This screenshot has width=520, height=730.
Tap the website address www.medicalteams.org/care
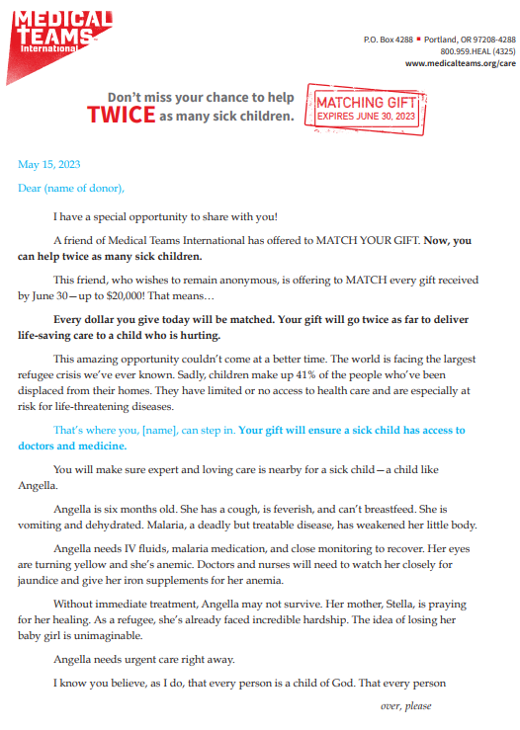pos(461,62)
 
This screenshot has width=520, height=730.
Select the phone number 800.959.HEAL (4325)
pos(477,50)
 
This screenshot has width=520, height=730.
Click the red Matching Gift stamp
pos(366,109)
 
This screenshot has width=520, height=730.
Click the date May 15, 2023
pos(49,164)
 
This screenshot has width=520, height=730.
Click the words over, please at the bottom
pos(406,705)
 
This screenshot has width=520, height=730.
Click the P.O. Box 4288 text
pos(390,39)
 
